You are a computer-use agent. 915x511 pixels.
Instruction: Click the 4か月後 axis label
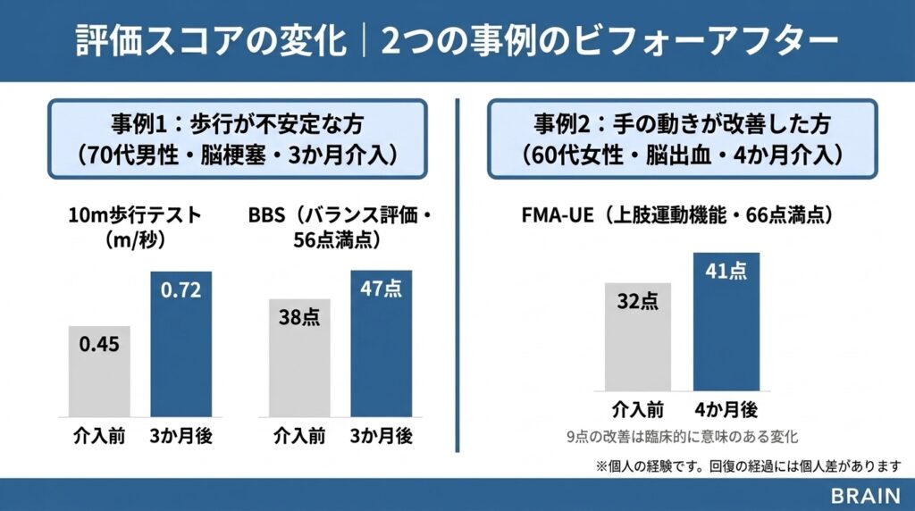(726, 410)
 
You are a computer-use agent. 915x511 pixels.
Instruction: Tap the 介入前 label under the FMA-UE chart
(638, 410)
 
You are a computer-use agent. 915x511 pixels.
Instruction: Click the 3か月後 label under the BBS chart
(381, 437)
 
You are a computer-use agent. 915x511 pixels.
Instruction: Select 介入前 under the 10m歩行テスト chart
(99, 437)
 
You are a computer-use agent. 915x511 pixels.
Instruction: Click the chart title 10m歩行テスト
(136, 215)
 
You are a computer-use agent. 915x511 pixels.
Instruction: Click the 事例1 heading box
(237, 138)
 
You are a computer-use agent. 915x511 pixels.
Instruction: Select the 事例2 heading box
(683, 138)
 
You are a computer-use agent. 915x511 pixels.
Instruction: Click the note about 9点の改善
(681, 437)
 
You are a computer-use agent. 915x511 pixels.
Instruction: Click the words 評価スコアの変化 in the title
(212, 41)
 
